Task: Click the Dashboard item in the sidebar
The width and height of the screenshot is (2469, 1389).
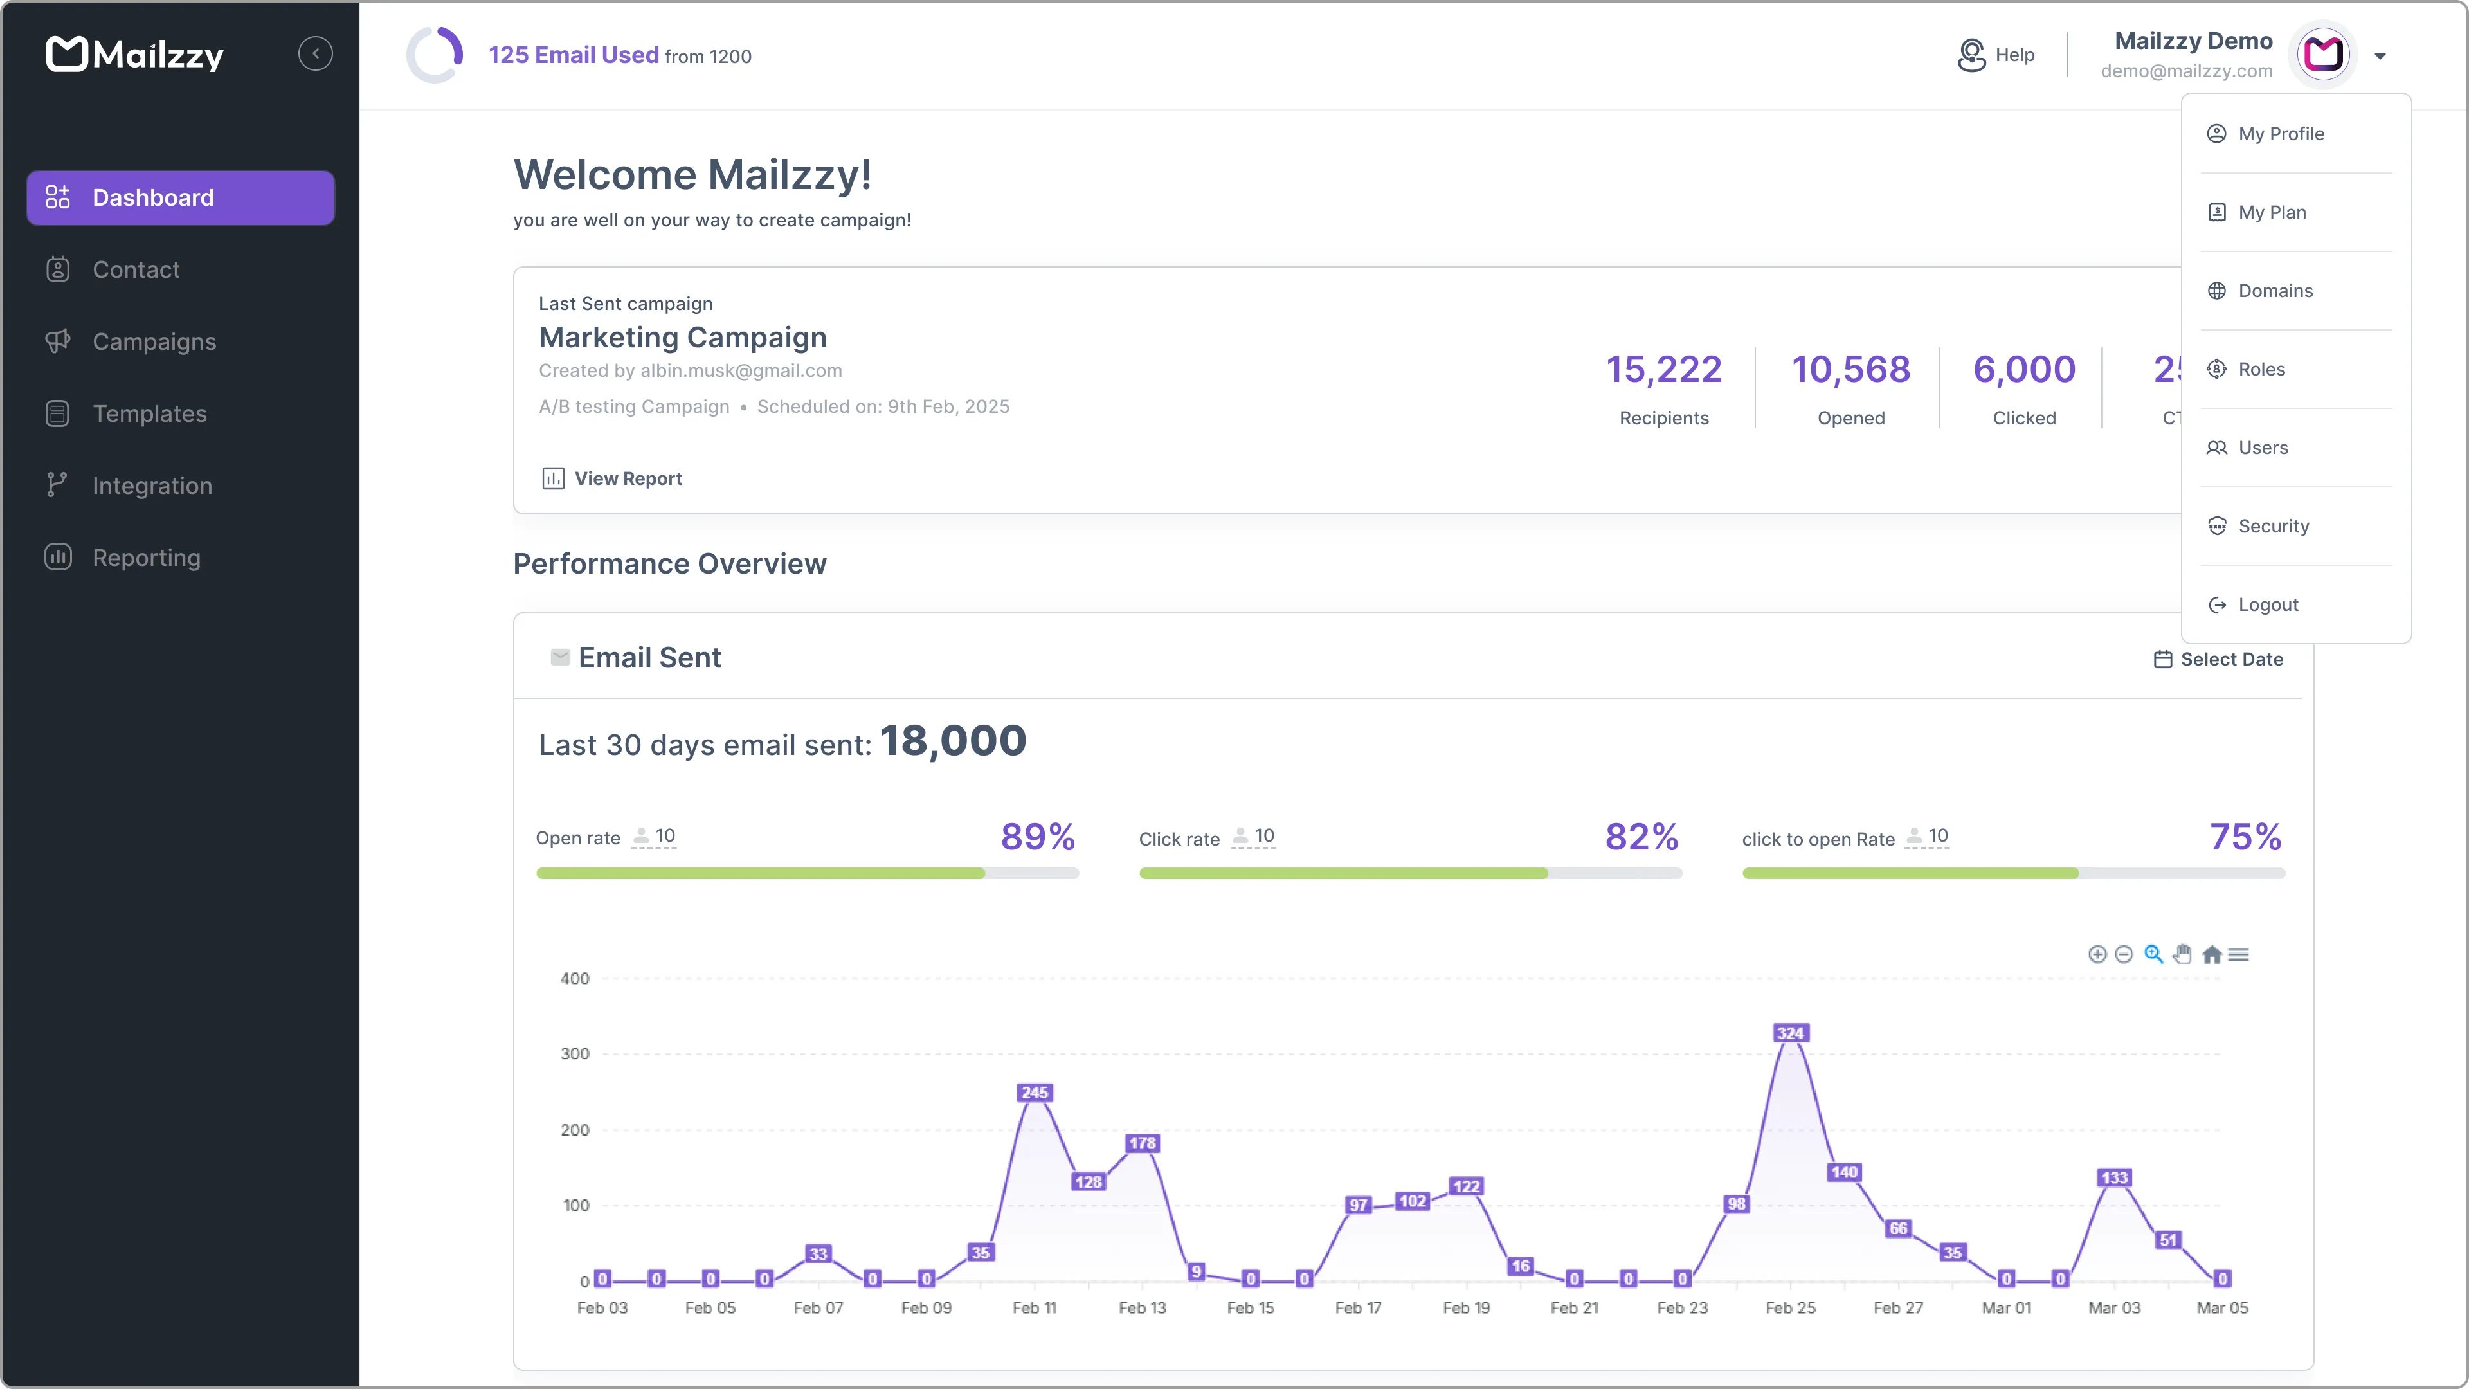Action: point(180,197)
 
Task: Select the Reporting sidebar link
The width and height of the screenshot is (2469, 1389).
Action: point(146,558)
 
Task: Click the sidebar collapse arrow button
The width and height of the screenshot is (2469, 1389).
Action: point(315,53)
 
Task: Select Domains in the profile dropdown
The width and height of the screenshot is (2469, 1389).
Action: point(2274,291)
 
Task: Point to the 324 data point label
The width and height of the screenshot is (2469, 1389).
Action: point(1789,1032)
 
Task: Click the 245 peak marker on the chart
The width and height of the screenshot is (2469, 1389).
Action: point(1034,1092)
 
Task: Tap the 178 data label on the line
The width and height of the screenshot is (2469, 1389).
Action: point(1141,1143)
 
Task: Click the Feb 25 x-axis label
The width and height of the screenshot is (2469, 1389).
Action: point(1789,1307)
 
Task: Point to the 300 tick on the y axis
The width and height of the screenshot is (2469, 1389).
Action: point(575,1053)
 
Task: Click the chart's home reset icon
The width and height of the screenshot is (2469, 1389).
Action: point(2211,954)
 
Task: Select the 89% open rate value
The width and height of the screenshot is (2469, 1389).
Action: point(1037,837)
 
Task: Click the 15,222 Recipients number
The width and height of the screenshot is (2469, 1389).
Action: point(1664,370)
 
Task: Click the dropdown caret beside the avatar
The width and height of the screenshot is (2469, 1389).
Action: point(2380,55)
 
